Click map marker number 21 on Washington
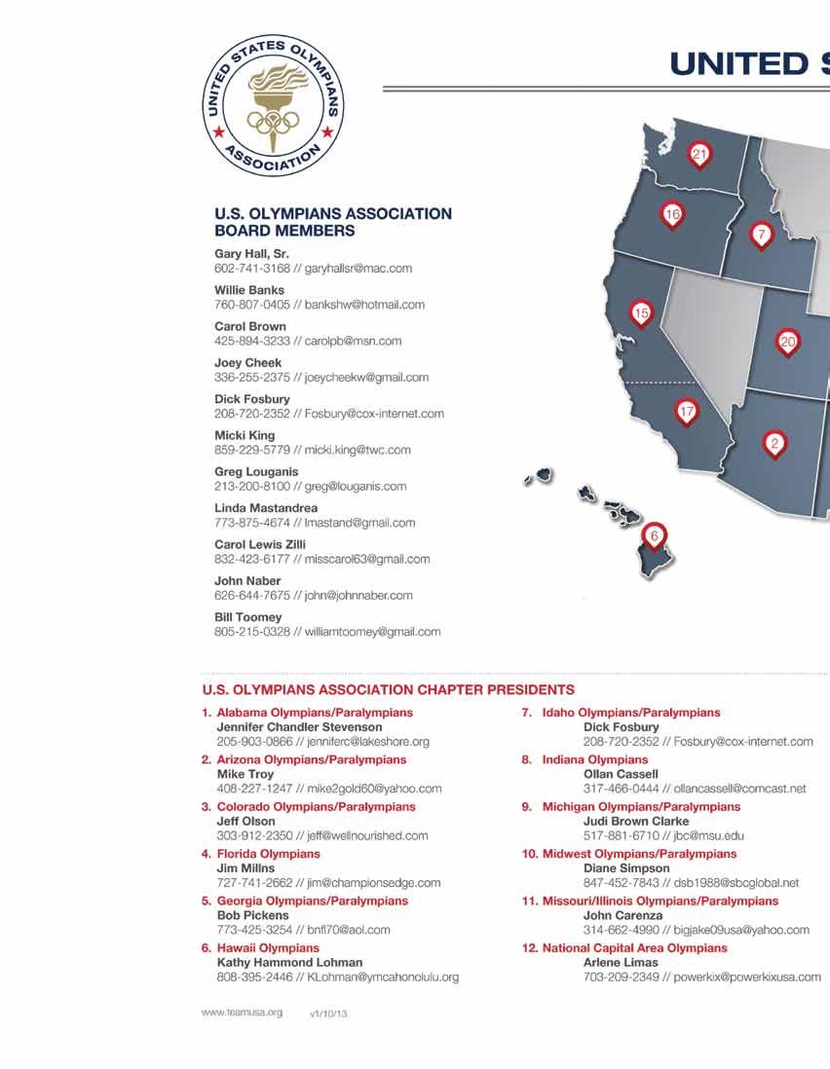[698, 154]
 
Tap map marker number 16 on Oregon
[671, 214]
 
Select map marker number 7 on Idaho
[761, 235]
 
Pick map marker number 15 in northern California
[640, 313]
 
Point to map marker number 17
[687, 413]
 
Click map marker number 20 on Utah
[788, 341]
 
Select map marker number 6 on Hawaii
[655, 536]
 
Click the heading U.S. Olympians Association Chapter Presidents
[388, 690]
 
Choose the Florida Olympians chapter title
[268, 854]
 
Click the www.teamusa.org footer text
[242, 1013]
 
